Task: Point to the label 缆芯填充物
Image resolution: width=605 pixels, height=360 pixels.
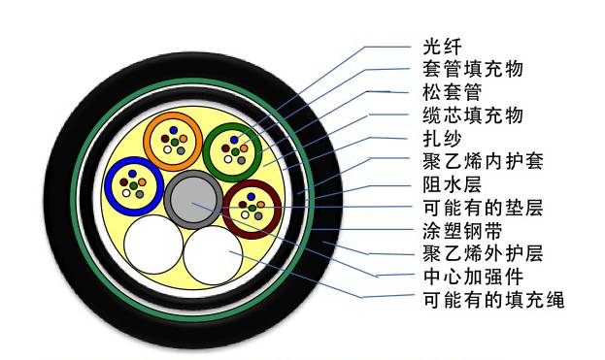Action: (475, 115)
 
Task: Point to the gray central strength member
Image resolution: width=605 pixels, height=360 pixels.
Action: (194, 200)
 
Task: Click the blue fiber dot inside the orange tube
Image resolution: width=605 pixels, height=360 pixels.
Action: (172, 129)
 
